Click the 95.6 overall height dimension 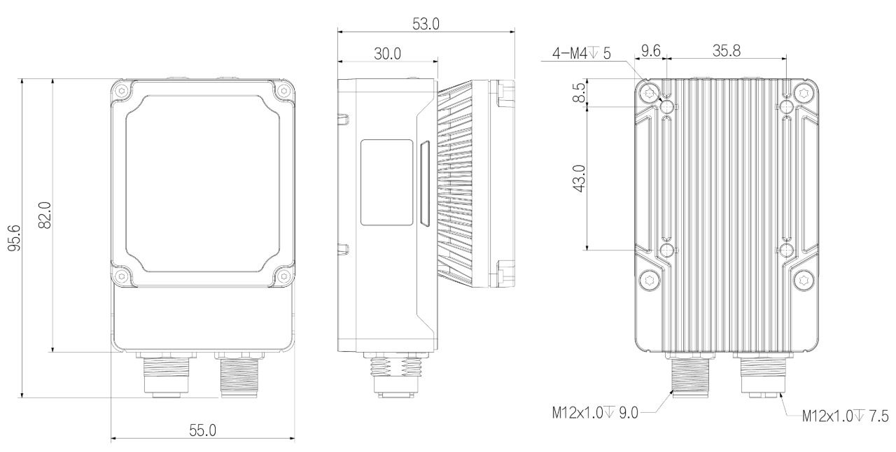tap(14, 238)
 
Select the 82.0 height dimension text tap(45, 216)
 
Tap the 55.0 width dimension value tap(202, 430)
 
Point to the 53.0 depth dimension tap(426, 24)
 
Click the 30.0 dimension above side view tap(387, 53)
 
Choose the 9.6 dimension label tap(651, 51)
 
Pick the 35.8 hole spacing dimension tap(727, 51)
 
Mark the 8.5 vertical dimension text tap(580, 92)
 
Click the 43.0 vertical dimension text tap(580, 178)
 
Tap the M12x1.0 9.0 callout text tap(595, 412)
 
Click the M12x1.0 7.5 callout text tap(845, 416)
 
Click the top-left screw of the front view tap(121, 91)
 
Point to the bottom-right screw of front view tap(283, 276)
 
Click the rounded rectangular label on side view tap(387, 183)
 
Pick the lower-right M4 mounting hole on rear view tap(787, 250)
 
